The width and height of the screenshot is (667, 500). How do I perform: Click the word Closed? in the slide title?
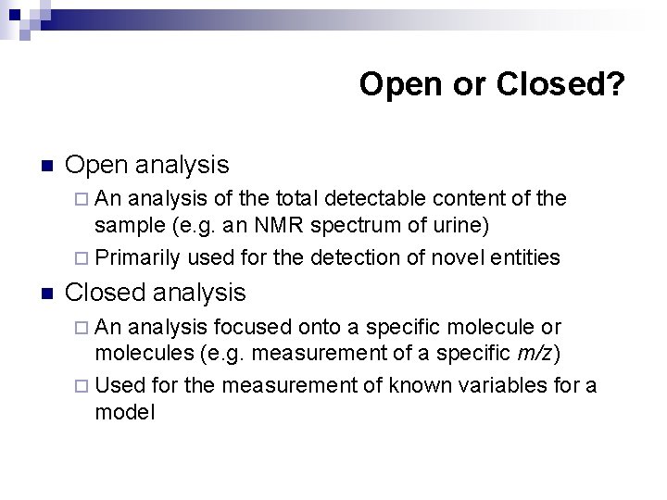pos(561,84)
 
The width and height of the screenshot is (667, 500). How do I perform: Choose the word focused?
pos(249,326)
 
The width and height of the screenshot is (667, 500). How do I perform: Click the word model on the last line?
pos(124,411)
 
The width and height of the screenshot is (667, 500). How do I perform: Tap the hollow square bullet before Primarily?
pos(83,257)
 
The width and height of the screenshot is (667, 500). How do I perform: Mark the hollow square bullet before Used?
pos(83,383)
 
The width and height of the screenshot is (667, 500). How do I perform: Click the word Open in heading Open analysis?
pos(96,166)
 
